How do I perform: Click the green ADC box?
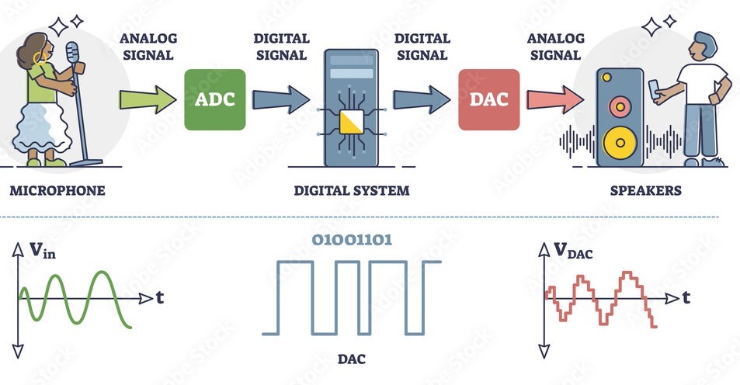pyautogui.click(x=214, y=99)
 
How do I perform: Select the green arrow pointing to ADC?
pyautogui.click(x=148, y=99)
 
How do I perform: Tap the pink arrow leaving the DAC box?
pyautogui.click(x=554, y=99)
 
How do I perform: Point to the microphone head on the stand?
pyautogui.click(x=72, y=54)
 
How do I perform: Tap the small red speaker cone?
pyautogui.click(x=620, y=104)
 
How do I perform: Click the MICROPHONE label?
pyautogui.click(x=57, y=190)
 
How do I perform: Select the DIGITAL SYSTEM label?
pyautogui.click(x=351, y=190)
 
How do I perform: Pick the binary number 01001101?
pyautogui.click(x=353, y=239)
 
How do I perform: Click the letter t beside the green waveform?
pyautogui.click(x=159, y=297)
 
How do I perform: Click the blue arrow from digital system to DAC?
pyautogui.click(x=421, y=99)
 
